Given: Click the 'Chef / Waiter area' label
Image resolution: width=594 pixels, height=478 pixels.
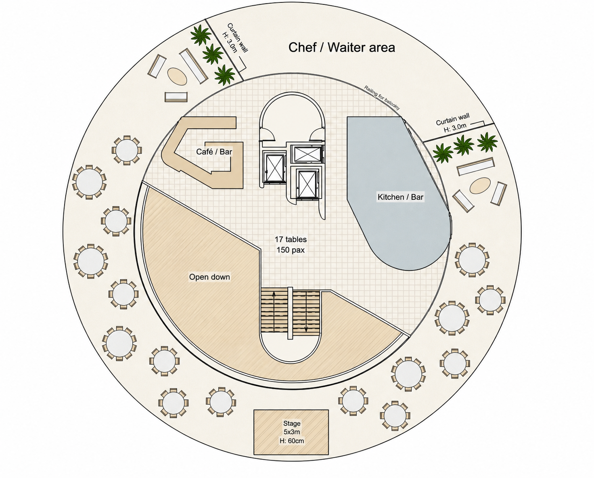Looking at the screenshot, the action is pyautogui.click(x=342, y=48).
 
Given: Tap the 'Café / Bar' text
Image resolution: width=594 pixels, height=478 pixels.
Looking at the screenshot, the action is pyautogui.click(x=214, y=152).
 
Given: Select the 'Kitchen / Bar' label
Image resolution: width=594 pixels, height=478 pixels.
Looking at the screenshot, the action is pyautogui.click(x=400, y=197).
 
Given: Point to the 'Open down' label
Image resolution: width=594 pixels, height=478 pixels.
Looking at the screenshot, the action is pyautogui.click(x=209, y=277).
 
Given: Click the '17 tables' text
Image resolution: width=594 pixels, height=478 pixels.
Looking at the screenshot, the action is pyautogui.click(x=291, y=239).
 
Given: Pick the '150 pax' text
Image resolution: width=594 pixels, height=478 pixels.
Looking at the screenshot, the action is pyautogui.click(x=291, y=250).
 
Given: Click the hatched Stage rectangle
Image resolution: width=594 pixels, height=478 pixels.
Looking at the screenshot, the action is pyautogui.click(x=291, y=432).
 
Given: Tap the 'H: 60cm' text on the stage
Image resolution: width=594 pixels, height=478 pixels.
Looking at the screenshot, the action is pyautogui.click(x=292, y=441).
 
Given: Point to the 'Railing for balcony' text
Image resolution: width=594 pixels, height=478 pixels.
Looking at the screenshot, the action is pyautogui.click(x=382, y=97).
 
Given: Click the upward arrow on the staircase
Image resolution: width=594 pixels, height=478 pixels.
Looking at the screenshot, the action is pyautogui.click(x=274, y=312).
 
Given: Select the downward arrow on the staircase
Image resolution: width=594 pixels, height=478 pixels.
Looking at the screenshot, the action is pyautogui.click(x=306, y=312).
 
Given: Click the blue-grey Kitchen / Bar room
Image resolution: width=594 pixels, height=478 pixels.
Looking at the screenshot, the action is pyautogui.click(x=397, y=193).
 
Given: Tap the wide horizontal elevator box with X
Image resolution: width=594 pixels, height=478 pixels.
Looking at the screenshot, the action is pyautogui.click(x=307, y=154).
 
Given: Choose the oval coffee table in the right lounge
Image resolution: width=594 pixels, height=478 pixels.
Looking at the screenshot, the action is pyautogui.click(x=480, y=186).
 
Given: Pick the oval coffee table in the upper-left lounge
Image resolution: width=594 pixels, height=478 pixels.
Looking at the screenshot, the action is pyautogui.click(x=177, y=76).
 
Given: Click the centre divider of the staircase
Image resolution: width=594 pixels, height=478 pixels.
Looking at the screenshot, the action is pyautogui.click(x=290, y=313).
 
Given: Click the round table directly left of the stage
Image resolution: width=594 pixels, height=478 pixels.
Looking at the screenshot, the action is pyautogui.click(x=221, y=402).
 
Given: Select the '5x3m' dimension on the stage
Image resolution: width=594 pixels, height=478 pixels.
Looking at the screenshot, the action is pyautogui.click(x=292, y=432).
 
